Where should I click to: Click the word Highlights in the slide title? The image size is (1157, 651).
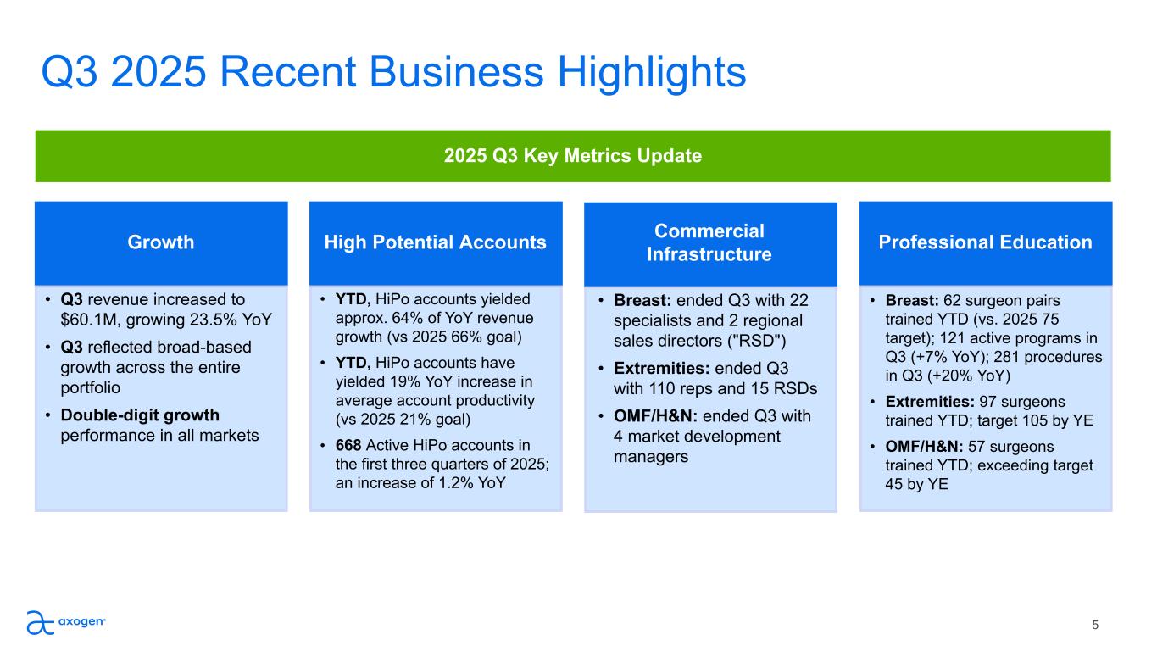pyautogui.click(x=652, y=74)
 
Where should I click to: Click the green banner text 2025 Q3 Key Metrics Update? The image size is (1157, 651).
pyautogui.click(x=573, y=155)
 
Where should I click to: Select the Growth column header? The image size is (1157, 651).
pyautogui.click(x=161, y=242)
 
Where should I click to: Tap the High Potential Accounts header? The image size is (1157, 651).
pyautogui.click(x=436, y=242)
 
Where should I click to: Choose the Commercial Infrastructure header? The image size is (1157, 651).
pyautogui.click(x=709, y=242)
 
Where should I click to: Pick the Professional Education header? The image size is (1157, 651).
pyautogui.click(x=986, y=242)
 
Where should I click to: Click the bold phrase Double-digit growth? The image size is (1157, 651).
pyautogui.click(x=140, y=415)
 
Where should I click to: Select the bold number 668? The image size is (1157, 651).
pyautogui.click(x=348, y=445)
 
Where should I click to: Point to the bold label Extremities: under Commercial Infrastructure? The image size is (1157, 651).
pyautogui.click(x=662, y=369)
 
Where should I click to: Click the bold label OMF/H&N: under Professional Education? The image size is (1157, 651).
pyautogui.click(x=924, y=447)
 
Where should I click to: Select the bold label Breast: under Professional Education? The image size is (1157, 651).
pyautogui.click(x=912, y=300)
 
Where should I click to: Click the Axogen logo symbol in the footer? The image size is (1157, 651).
pyautogui.click(x=41, y=622)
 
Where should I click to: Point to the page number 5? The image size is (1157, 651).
pyautogui.click(x=1095, y=626)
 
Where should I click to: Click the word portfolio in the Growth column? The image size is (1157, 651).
pyautogui.click(x=91, y=388)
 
